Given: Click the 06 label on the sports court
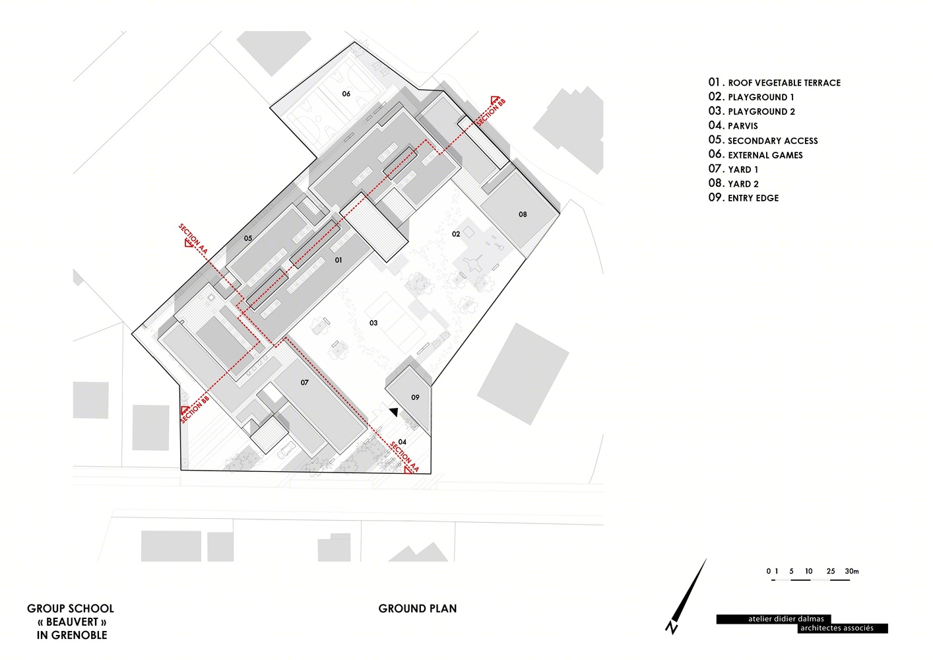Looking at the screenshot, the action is (x=346, y=94).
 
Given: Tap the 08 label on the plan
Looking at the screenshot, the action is (x=523, y=214).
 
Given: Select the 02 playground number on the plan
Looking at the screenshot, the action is (x=456, y=234).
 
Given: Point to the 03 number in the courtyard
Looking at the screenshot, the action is (x=373, y=323).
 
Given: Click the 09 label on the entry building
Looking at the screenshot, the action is (x=415, y=397).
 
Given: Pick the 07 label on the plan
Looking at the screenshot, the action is (x=304, y=383).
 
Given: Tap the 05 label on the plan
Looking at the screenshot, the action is (x=248, y=238).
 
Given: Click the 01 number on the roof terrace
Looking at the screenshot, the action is (x=338, y=260).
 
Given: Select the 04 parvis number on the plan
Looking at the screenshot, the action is (x=402, y=442).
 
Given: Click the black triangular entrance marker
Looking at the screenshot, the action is (x=394, y=412).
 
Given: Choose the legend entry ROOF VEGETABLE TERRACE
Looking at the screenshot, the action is (x=785, y=83).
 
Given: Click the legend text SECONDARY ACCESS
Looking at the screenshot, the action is (x=773, y=141).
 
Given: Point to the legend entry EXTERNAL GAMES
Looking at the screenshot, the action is (x=765, y=155).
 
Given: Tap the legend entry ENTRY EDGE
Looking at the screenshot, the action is (x=753, y=199).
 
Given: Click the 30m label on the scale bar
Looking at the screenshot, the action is (x=852, y=572).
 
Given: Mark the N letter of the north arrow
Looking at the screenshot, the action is (x=672, y=628).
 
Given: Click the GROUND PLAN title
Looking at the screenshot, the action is (x=418, y=609).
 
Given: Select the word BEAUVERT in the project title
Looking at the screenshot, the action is (x=73, y=622).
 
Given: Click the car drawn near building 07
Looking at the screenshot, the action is (x=288, y=449).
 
